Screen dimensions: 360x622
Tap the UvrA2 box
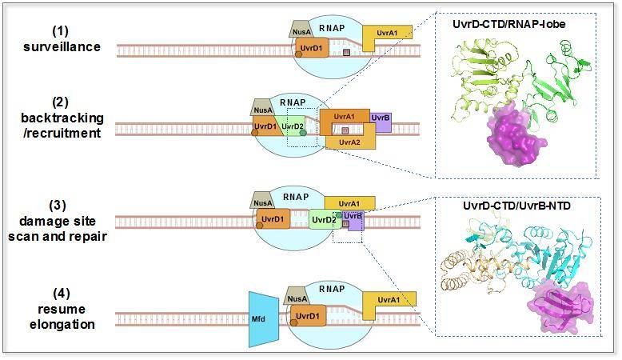point(347,142)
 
